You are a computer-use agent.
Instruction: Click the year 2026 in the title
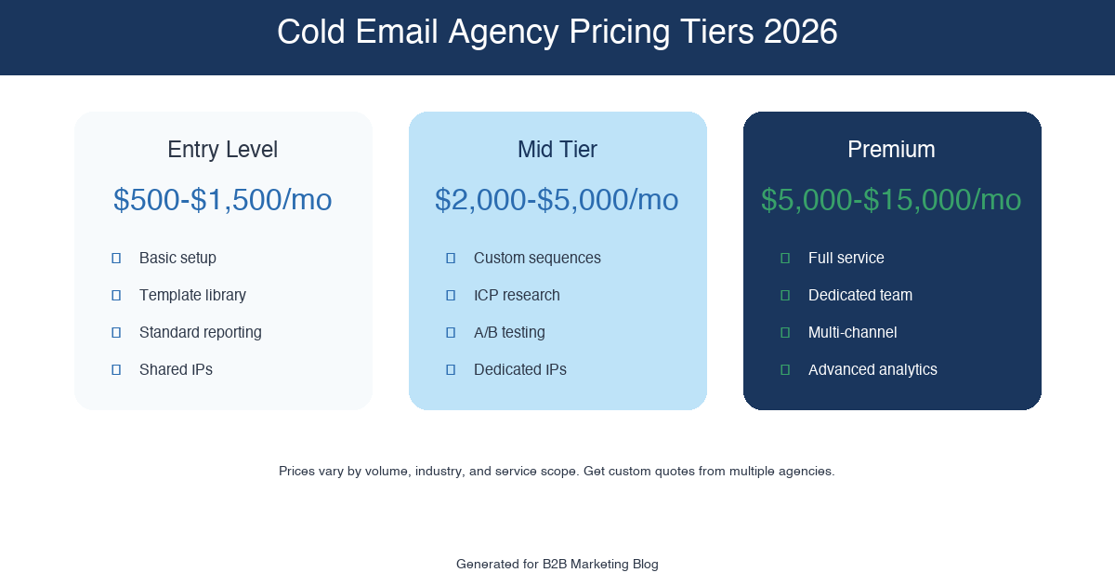click(800, 33)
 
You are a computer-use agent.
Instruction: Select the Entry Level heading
click(223, 150)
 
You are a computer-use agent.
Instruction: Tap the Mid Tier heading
click(557, 150)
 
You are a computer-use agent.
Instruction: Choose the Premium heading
click(891, 150)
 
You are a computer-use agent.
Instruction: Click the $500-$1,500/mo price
click(223, 200)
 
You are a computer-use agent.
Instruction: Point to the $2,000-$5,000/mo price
click(557, 200)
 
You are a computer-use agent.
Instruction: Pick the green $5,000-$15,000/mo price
click(891, 200)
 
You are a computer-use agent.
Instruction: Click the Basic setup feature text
click(177, 258)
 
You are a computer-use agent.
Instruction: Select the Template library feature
click(192, 295)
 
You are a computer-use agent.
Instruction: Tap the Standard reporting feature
click(200, 332)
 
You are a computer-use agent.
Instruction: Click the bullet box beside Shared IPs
click(116, 369)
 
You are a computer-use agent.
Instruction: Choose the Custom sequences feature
click(537, 258)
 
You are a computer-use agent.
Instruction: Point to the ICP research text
click(517, 295)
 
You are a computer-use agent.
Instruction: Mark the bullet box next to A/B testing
click(451, 332)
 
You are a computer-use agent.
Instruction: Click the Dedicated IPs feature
click(519, 369)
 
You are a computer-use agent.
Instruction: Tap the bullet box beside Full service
click(785, 258)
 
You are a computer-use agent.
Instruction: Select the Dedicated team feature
click(859, 295)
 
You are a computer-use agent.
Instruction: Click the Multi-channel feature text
click(852, 332)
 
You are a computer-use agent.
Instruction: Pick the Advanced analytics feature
click(872, 369)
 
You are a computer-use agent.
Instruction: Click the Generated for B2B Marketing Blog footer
click(557, 564)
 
